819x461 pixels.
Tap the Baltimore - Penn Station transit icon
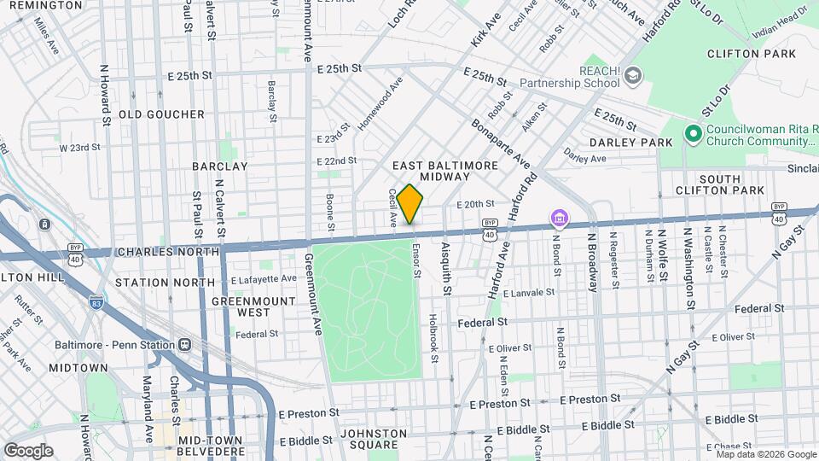185,344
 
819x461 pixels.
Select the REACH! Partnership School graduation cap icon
632,75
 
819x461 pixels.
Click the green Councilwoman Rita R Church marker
694,134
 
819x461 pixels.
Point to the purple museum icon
559,220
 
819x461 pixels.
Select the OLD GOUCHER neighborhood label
161,114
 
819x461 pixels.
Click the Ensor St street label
417,263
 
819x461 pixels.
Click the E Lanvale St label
529,292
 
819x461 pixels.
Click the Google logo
29,450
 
